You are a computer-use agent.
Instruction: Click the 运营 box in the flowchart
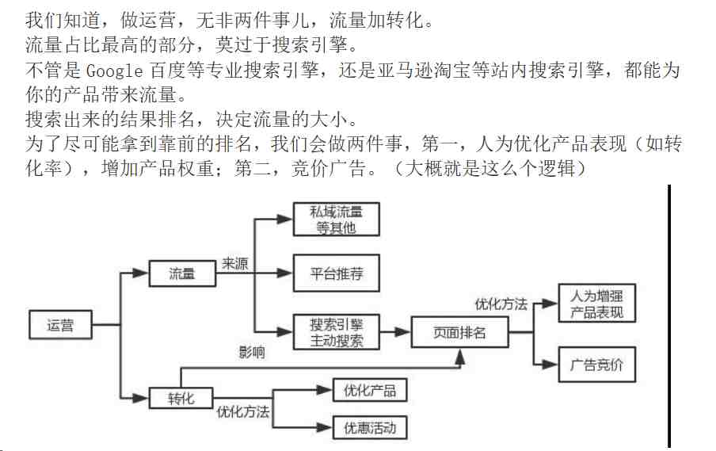coord(60,325)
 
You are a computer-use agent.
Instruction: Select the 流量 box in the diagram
coord(182,273)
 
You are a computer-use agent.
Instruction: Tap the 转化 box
coord(181,398)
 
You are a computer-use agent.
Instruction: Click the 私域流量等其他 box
coord(336,220)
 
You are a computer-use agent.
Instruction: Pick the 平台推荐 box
coord(336,273)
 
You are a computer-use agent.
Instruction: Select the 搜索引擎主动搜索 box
coord(336,332)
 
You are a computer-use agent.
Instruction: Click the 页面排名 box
coord(459,332)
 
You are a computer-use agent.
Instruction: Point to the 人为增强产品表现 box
coord(597,304)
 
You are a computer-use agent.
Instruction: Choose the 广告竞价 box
coord(597,364)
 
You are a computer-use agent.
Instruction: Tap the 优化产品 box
coord(370,390)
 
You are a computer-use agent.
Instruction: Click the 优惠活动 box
coord(370,428)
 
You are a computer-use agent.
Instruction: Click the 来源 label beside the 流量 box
coord(234,263)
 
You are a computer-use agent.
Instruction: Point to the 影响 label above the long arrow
coord(252,352)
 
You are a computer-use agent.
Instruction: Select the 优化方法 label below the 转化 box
coord(243,411)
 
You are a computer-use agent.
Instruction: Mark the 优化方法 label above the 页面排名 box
coord(501,304)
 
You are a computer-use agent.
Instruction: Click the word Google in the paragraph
coord(114,71)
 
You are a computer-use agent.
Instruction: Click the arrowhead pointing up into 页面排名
coord(460,357)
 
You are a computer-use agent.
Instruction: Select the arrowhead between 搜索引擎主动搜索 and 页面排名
coord(402,332)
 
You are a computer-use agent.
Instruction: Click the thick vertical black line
coord(669,316)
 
